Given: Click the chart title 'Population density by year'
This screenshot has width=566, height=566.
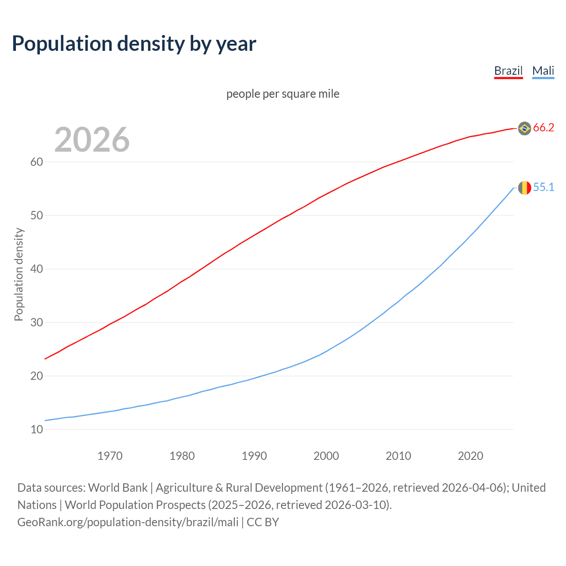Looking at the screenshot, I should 134,44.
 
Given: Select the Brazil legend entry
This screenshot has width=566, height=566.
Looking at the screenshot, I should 508,71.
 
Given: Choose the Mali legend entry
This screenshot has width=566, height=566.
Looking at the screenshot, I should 543,71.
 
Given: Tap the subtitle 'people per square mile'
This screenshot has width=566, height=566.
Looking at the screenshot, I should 283,94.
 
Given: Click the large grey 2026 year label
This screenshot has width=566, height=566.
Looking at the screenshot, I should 92,140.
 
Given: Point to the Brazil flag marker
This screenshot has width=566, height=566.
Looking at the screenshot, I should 524,128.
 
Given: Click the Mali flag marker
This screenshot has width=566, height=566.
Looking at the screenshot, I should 524,187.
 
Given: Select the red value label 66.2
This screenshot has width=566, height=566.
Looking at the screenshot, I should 543,128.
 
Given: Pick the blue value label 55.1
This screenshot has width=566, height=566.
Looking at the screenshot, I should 543,187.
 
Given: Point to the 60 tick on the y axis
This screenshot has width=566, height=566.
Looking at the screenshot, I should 37,162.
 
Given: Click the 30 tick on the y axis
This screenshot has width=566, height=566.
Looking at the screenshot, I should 37,322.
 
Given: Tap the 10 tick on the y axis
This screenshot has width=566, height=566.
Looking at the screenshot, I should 37,429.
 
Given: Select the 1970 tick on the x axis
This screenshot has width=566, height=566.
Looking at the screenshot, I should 110,456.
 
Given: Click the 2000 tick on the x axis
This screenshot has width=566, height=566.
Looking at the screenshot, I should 326,456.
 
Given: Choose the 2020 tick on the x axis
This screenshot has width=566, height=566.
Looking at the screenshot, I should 470,456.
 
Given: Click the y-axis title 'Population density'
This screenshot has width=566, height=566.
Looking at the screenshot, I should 19,274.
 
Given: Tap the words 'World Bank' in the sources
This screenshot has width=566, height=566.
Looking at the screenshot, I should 118,488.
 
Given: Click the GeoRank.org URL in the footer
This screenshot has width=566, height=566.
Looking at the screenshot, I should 128,522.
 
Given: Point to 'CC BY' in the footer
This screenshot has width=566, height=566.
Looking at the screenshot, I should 263,522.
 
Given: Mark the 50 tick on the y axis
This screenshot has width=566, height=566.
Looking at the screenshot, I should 37,215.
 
